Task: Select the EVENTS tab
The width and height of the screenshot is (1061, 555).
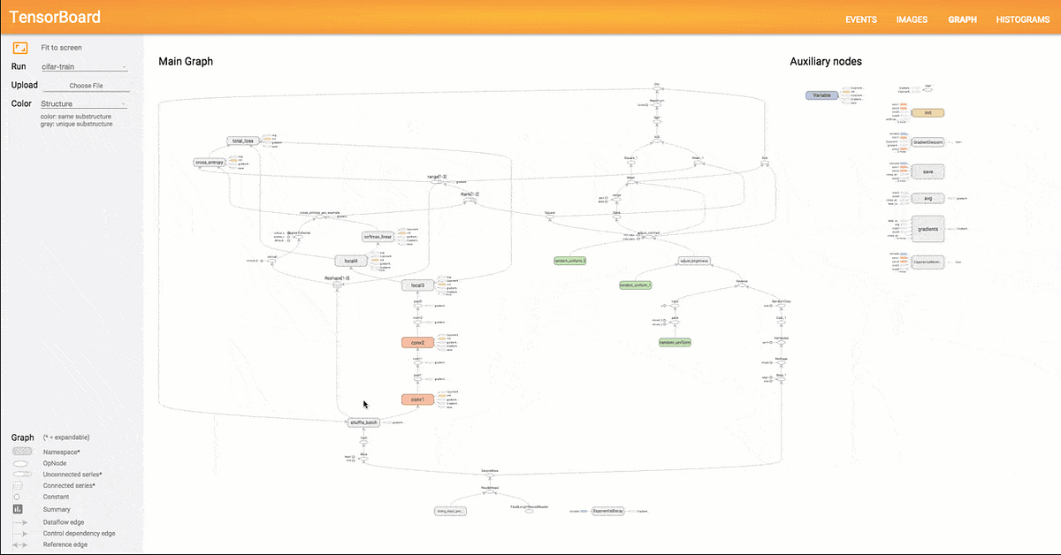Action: point(861,19)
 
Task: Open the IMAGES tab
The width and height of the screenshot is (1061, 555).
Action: point(912,19)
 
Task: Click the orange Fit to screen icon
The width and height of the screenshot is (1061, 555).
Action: point(19,48)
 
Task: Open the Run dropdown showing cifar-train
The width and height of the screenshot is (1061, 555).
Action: point(85,67)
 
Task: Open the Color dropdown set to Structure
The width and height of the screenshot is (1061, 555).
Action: point(85,104)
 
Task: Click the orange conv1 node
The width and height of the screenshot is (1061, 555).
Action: point(418,399)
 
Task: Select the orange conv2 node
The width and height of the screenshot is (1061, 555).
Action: point(418,342)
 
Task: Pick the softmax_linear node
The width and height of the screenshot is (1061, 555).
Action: point(378,237)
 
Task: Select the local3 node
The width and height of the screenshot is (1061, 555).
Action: point(418,285)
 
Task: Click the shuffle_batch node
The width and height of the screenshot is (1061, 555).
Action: point(363,422)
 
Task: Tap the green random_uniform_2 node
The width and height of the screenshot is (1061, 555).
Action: point(570,261)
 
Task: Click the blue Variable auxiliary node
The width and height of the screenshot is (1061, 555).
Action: point(822,95)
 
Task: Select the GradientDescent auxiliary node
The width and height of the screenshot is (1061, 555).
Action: point(927,141)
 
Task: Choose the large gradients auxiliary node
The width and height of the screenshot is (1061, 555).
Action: point(927,228)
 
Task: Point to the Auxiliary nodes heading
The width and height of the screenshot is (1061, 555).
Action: point(825,62)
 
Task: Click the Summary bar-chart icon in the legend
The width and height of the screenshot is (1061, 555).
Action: point(18,509)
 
